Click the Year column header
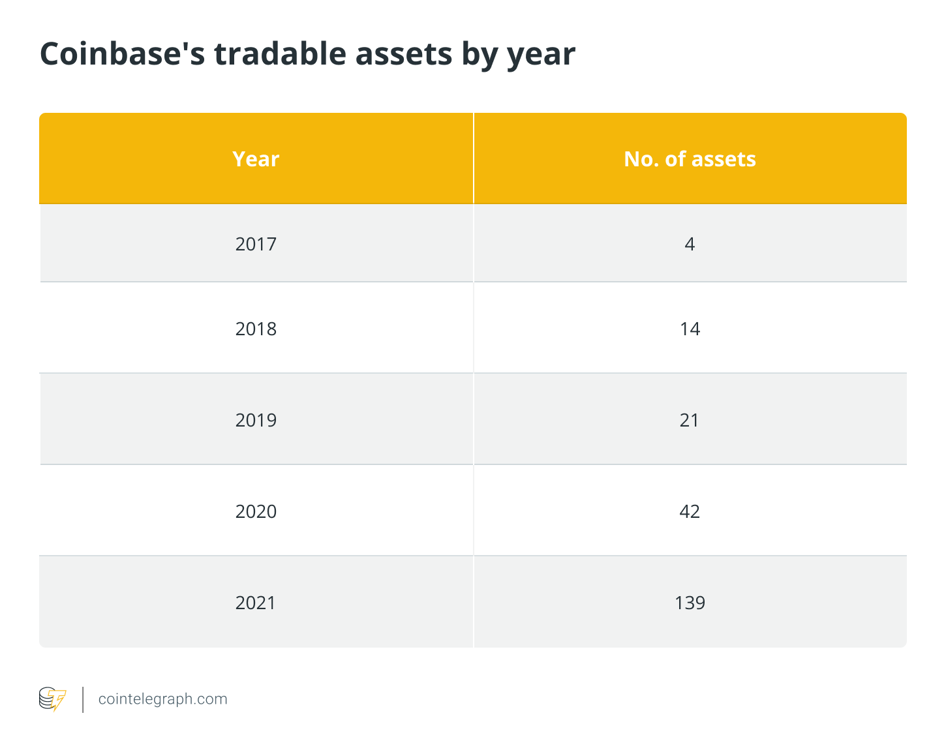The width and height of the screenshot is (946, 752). [x=256, y=159]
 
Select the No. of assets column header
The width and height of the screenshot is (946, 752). [x=690, y=159]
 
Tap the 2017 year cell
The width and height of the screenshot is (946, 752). [x=256, y=244]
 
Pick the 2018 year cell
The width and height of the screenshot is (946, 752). [x=256, y=329]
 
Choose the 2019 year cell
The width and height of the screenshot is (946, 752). [x=256, y=420]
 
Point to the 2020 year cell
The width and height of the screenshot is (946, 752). [x=256, y=511]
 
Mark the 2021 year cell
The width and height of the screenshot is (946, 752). [x=256, y=603]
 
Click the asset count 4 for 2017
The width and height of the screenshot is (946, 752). [x=690, y=244]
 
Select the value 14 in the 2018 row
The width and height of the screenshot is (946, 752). [x=690, y=329]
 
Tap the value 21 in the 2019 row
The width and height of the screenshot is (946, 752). [x=690, y=420]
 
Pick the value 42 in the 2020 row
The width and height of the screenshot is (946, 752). [x=690, y=511]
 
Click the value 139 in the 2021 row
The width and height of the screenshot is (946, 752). [x=690, y=603]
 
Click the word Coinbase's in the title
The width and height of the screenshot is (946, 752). [x=121, y=53]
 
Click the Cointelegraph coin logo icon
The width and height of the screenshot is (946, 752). [x=52, y=699]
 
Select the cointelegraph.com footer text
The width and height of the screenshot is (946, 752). [x=162, y=699]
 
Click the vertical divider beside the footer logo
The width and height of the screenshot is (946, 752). [x=83, y=699]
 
